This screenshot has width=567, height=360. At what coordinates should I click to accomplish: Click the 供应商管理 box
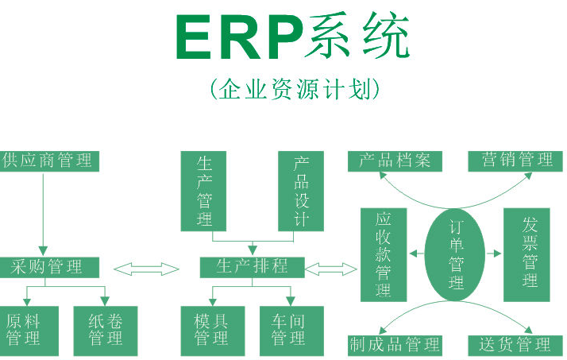[49, 161]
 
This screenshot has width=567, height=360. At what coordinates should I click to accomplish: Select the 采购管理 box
[49, 267]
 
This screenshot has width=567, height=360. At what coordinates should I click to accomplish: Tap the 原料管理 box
[29, 331]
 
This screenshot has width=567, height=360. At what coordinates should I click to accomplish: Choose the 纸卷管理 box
[106, 331]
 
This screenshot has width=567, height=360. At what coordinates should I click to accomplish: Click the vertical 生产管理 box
[203, 191]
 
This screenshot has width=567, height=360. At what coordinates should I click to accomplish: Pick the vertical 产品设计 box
[301, 191]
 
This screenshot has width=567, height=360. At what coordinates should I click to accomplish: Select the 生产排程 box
[253, 267]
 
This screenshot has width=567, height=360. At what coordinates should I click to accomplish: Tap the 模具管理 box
[213, 331]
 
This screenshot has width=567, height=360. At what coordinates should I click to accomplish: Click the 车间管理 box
[291, 331]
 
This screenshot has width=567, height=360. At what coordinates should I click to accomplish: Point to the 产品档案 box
[395, 161]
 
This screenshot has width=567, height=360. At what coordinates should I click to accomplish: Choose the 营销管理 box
[515, 161]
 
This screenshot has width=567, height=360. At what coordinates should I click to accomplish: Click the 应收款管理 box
[384, 255]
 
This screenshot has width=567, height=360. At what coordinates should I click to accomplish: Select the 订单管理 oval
[455, 255]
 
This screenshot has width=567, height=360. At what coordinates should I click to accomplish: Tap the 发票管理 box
[526, 255]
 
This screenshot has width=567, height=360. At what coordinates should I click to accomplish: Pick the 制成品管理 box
[395, 346]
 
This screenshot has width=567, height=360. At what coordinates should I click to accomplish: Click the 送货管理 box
[515, 346]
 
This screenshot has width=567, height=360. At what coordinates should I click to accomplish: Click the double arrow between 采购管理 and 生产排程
[146, 269]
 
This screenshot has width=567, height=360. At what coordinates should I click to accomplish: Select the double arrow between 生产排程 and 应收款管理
[331, 269]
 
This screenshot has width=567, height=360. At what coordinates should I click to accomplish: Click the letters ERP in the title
[240, 37]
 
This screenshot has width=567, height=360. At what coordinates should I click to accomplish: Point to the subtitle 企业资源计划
[295, 89]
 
